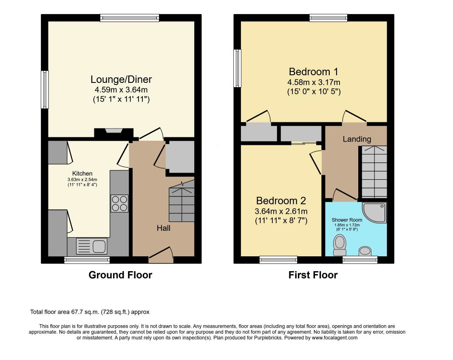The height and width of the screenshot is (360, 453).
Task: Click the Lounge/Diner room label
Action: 121,79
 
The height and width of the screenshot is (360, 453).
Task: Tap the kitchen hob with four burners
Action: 119,204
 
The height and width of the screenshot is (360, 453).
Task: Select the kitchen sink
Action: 92,246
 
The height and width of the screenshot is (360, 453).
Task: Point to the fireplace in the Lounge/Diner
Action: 114,132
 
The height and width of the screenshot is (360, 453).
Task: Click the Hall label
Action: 164,228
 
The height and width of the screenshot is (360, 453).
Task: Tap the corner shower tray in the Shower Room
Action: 374,213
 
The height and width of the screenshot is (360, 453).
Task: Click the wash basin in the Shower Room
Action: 365,251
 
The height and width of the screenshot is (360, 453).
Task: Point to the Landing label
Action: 357,139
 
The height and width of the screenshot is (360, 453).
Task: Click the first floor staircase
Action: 374,172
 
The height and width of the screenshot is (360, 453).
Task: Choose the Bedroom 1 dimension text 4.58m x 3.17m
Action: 314,82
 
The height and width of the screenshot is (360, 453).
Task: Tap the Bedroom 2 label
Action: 281,201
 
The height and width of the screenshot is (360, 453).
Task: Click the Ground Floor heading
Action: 120,275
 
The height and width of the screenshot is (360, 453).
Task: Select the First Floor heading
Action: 313,275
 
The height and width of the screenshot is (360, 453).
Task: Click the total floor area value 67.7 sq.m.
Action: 85,312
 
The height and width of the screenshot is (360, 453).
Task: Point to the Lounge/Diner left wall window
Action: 45,90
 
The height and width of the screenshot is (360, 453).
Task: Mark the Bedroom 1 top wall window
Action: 328,18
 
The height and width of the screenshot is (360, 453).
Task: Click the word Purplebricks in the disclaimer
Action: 268,338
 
